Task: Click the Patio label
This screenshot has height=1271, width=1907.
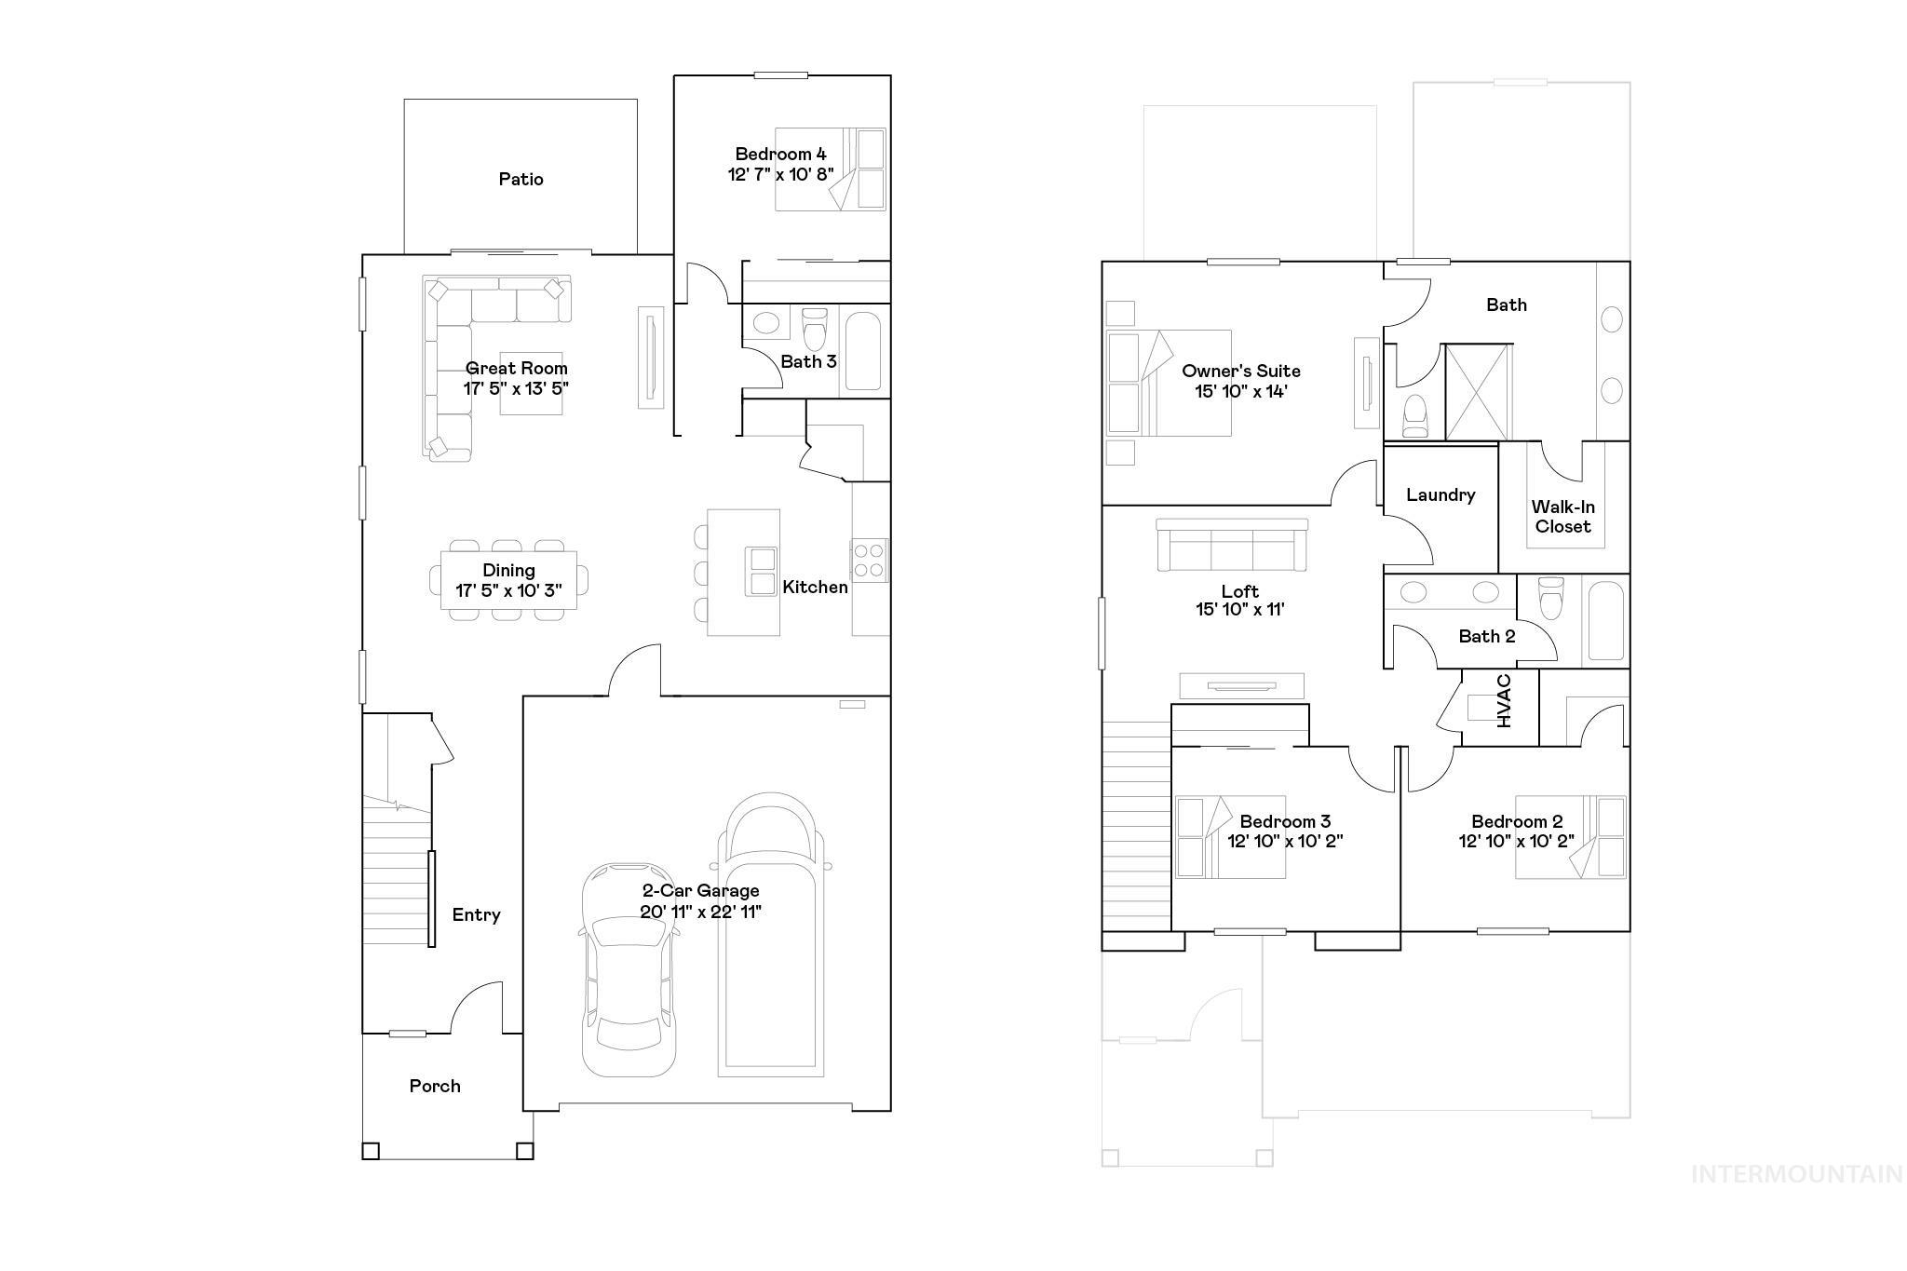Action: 521,179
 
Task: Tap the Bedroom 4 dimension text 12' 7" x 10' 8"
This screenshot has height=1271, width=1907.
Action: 780,174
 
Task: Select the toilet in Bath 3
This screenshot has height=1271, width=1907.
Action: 815,329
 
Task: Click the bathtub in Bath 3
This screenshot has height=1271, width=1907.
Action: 863,350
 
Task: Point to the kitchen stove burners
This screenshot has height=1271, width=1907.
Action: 870,560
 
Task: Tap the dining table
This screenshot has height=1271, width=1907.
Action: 508,580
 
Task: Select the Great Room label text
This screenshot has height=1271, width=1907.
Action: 517,368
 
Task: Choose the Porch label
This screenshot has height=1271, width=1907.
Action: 435,1086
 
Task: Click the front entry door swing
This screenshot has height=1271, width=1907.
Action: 477,1007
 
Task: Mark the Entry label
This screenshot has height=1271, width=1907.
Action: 476,914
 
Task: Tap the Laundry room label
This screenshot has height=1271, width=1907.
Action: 1440,494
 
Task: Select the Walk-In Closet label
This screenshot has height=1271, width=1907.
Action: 1562,517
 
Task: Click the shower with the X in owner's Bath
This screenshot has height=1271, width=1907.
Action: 1478,391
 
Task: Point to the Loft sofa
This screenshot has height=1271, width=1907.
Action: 1232,545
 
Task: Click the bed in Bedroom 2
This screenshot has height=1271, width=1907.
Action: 1570,836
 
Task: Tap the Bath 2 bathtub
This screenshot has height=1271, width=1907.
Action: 1605,620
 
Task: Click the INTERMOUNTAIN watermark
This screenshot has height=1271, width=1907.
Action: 1796,1174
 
